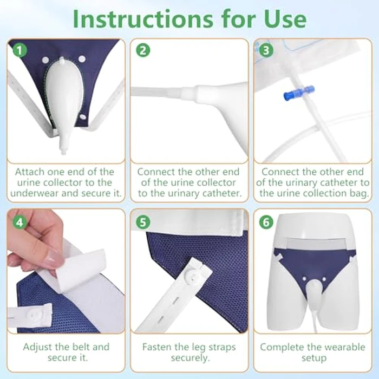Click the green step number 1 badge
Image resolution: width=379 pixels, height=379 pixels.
(21, 51)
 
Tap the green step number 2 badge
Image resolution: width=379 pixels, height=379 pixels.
(143, 51)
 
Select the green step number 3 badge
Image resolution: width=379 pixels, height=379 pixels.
(266, 51)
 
